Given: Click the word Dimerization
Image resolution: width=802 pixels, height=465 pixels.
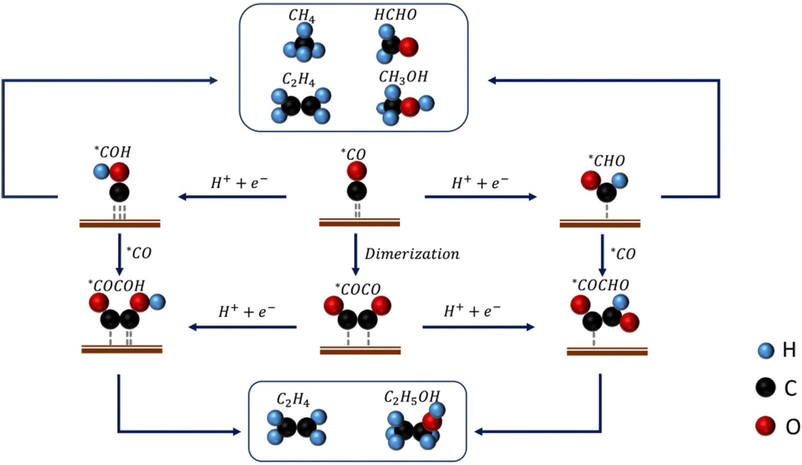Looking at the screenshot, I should click(x=412, y=253).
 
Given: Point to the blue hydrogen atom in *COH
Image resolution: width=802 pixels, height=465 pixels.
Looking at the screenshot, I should click(x=101, y=172).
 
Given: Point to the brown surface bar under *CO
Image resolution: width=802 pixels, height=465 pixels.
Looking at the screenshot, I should click(x=360, y=223).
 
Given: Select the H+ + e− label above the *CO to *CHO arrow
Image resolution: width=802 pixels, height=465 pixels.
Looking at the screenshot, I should click(x=480, y=183).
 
